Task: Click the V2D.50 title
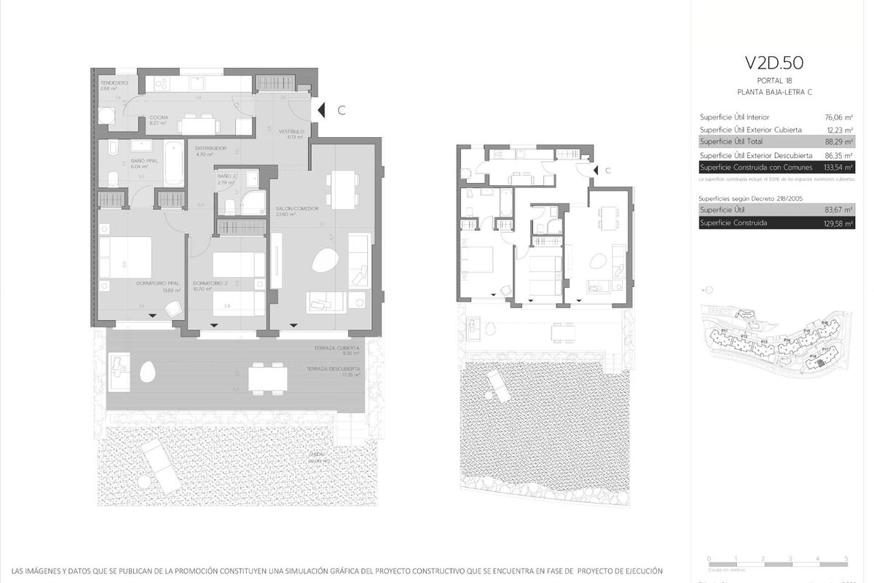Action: (x=774, y=63)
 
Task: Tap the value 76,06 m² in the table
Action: (x=840, y=117)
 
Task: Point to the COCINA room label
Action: (x=160, y=117)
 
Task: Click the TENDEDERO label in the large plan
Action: (x=114, y=83)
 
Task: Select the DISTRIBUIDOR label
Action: (x=211, y=149)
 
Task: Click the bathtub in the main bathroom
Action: (x=172, y=164)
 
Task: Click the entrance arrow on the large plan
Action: (x=320, y=111)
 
